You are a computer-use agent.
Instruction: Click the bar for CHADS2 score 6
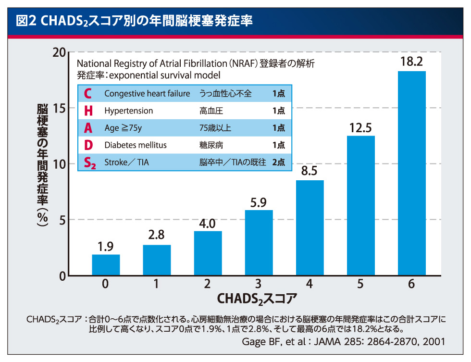click(x=411, y=173)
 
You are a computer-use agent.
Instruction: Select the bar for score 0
click(x=106, y=265)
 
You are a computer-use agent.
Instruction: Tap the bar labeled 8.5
click(x=310, y=228)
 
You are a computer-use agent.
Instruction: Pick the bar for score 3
click(x=259, y=243)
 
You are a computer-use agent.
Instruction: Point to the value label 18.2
click(x=411, y=62)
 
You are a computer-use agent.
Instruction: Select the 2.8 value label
click(x=157, y=236)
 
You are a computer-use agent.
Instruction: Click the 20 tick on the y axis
click(x=59, y=52)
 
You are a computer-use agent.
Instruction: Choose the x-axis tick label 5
click(x=360, y=284)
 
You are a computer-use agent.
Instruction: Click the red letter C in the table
click(x=87, y=93)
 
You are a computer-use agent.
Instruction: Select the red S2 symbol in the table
click(x=90, y=163)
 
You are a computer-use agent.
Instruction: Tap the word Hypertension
click(x=128, y=111)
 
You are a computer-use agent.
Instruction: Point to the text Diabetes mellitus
click(x=135, y=145)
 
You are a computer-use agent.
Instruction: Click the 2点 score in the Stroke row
click(x=278, y=162)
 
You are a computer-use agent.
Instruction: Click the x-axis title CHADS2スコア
click(x=257, y=299)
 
